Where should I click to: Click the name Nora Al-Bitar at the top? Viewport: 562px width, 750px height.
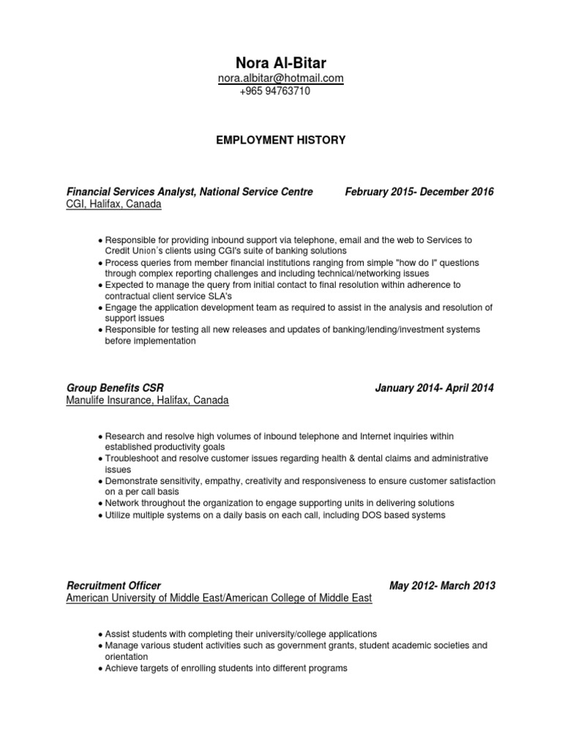pyautogui.click(x=280, y=63)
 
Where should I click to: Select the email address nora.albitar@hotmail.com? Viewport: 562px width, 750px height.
pyautogui.click(x=280, y=78)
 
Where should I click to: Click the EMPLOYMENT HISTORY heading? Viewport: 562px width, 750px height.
pyautogui.click(x=280, y=140)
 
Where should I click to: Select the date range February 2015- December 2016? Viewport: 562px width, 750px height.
pyautogui.click(x=419, y=192)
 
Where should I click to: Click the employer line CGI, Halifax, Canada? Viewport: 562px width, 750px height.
pyautogui.click(x=113, y=205)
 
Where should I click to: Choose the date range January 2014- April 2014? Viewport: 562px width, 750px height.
pyautogui.click(x=434, y=387)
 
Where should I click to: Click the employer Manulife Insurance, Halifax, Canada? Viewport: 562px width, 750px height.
pyautogui.click(x=147, y=401)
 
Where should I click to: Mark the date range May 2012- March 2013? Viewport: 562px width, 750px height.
pyautogui.click(x=442, y=585)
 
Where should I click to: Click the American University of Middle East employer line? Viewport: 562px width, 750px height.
pyautogui.click(x=219, y=598)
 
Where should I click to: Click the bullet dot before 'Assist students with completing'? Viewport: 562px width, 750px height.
pyautogui.click(x=100, y=634)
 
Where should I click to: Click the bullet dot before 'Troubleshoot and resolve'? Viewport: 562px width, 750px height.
pyautogui.click(x=100, y=458)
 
